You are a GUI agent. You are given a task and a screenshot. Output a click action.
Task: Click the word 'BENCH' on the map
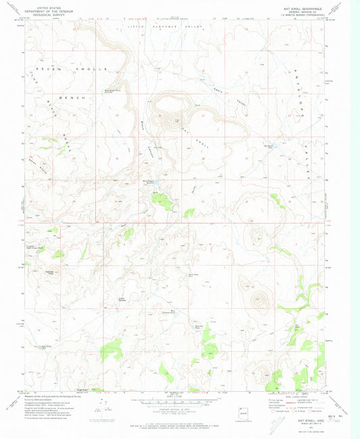(x=74, y=98)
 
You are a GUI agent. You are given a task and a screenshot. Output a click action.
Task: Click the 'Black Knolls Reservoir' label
(x=112, y=89)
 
